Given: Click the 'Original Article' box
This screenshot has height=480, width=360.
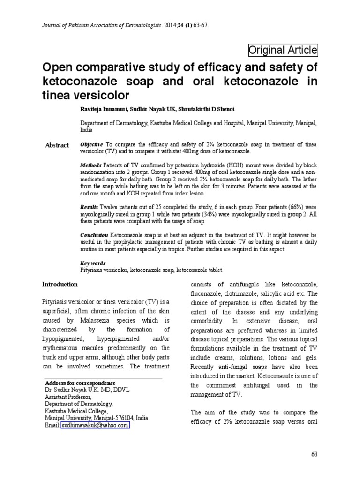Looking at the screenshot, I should [x=283, y=50].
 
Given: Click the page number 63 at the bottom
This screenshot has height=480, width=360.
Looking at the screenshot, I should [x=314, y=454].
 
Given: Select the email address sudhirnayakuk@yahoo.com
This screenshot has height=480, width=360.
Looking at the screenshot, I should [x=95, y=425].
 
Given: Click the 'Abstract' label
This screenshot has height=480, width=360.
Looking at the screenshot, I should [x=57, y=145].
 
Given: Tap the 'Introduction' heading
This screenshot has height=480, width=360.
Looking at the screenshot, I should [x=60, y=284].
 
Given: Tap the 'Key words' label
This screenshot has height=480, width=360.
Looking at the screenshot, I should [x=93, y=263].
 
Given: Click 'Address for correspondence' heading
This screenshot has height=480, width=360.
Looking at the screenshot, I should [x=80, y=383].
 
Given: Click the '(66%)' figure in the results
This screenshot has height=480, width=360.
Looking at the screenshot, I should [x=294, y=207].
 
